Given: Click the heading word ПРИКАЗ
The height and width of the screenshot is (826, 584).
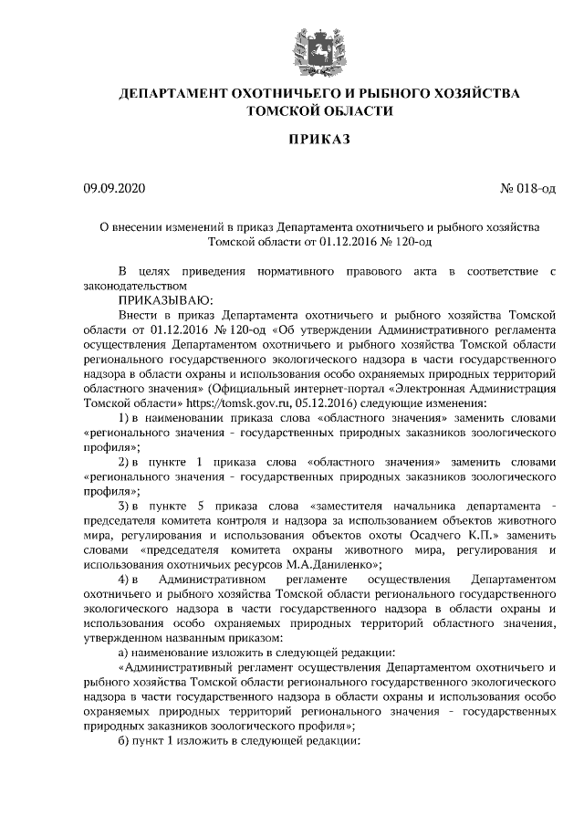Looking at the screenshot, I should (318, 139).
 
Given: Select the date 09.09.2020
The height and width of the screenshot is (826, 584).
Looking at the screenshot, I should (114, 189).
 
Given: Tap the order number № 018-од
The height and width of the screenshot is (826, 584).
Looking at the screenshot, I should (528, 189).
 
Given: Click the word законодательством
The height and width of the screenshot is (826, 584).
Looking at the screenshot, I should (137, 285).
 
